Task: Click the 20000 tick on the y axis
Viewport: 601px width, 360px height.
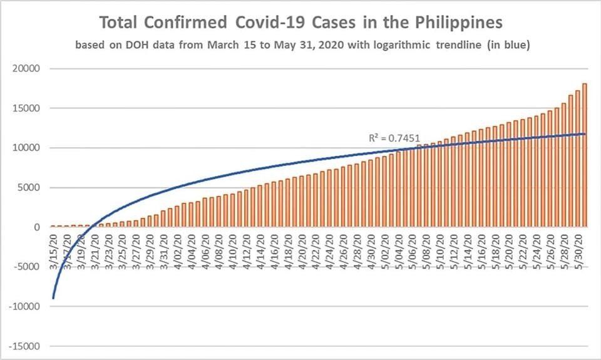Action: (28, 68)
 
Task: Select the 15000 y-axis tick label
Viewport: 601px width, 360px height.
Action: (28, 108)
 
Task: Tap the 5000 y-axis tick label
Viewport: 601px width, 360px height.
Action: (31, 187)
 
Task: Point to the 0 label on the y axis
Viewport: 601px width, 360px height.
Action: (38, 227)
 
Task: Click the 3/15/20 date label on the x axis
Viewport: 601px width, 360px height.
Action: (54, 249)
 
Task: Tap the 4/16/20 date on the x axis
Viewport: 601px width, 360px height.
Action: (274, 249)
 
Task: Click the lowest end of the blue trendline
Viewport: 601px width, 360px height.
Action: (53, 298)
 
